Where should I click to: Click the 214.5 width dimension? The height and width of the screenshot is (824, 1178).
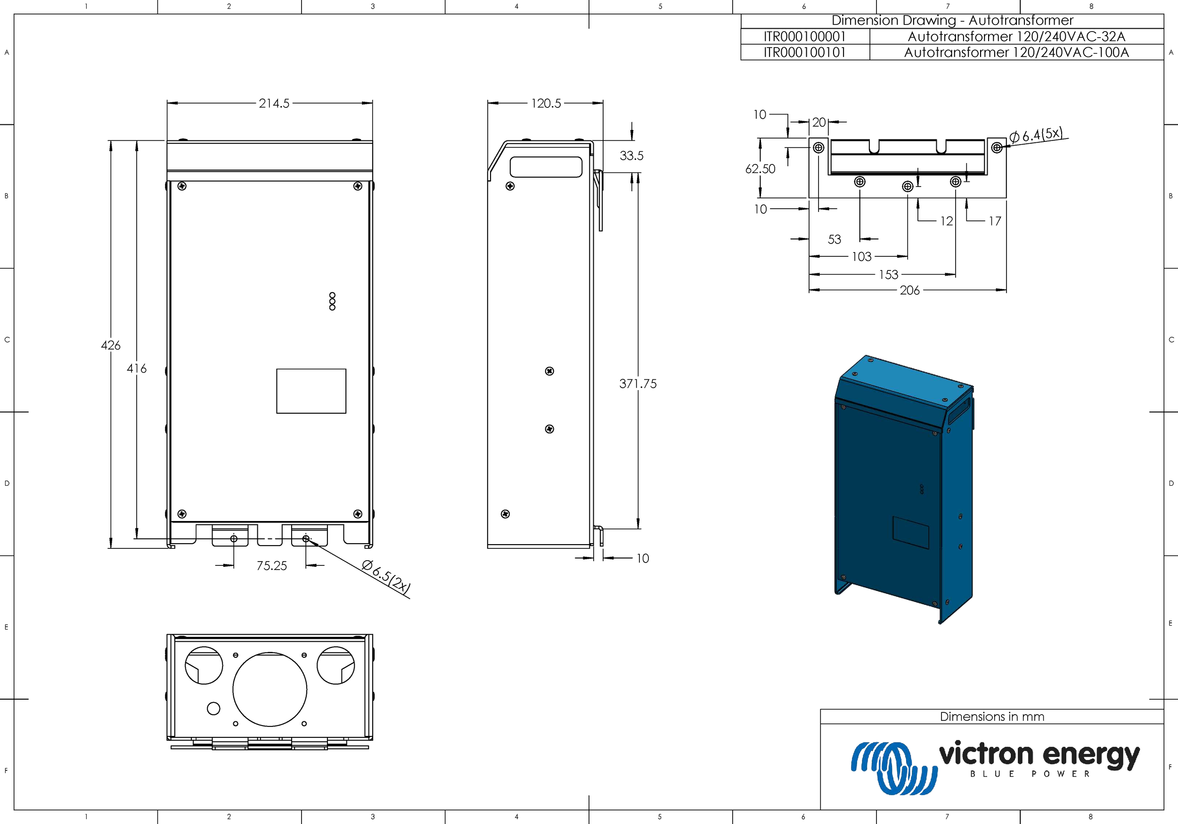[x=274, y=103]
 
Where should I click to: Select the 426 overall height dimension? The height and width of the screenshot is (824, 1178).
[x=110, y=345]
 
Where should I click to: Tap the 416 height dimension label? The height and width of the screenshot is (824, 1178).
[x=137, y=368]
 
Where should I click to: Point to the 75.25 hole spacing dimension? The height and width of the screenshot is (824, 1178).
[x=271, y=565]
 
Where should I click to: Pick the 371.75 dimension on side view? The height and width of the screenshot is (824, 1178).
[x=638, y=384]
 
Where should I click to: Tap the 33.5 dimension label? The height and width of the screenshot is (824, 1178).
[x=631, y=155]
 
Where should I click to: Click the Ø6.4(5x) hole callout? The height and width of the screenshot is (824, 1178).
[x=1036, y=135]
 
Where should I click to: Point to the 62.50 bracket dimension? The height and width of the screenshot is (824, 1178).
[x=760, y=169]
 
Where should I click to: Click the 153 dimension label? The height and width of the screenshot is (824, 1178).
[x=888, y=275]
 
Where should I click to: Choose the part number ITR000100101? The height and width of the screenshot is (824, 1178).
[x=804, y=52]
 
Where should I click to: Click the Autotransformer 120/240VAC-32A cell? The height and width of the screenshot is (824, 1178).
[x=1016, y=36]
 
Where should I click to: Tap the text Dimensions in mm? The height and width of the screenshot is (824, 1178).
[x=992, y=717]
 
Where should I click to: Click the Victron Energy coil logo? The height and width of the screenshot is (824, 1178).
[x=894, y=767]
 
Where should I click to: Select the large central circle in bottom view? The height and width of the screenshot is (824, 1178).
[x=270, y=690]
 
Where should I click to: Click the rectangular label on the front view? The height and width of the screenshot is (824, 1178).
[x=311, y=391]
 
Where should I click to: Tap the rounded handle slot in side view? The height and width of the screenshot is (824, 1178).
[x=546, y=167]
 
